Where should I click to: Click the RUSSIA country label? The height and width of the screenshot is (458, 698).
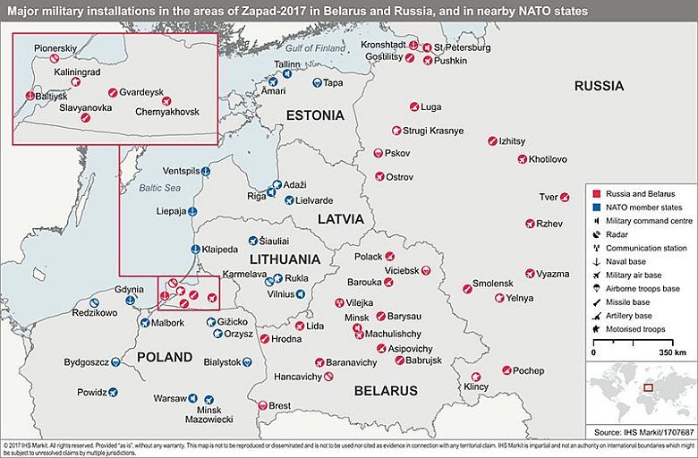pos(600,86)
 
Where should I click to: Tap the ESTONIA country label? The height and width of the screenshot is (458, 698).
pos(314,115)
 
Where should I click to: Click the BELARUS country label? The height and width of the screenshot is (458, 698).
pos(386,391)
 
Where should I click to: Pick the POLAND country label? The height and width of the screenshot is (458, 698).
pos(165,357)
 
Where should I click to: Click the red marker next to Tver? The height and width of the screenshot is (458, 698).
pos(565,197)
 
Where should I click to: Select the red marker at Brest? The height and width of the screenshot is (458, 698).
pos(261,405)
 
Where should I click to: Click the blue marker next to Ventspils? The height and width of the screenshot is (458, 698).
pos(205,171)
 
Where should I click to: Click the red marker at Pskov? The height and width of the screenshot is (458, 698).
pos(379,153)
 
